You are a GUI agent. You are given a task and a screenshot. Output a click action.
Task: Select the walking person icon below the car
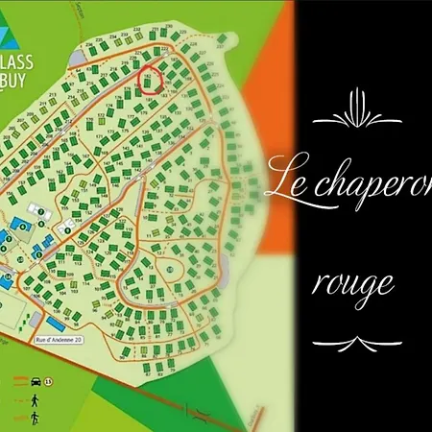(33, 396)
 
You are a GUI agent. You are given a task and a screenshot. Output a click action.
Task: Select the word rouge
(354, 284)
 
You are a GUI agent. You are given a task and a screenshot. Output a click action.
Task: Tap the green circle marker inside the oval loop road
(171, 271)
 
